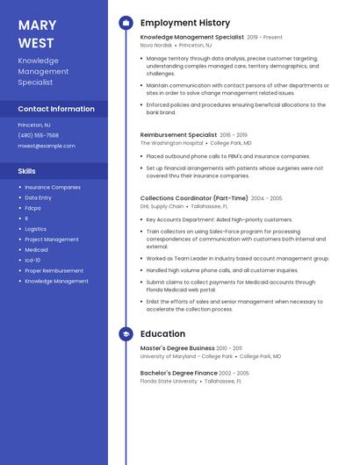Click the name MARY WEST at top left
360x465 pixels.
coord(36,33)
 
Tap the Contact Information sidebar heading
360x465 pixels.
coord(56,109)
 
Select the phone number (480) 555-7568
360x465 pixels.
coord(39,136)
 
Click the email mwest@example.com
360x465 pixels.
coord(47,146)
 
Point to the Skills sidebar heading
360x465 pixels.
coord(27,171)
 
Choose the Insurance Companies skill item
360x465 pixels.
coord(53,187)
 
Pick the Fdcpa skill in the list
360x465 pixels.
coord(32,208)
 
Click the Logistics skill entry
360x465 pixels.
coord(36,229)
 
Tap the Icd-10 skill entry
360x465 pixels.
coord(32,261)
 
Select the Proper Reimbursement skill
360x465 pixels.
coord(54,271)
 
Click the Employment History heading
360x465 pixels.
coord(185,23)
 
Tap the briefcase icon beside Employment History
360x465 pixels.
coord(126,23)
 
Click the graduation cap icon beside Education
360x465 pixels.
coord(126,334)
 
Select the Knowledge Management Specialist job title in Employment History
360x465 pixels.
coord(192,38)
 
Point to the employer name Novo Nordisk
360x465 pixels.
coord(157,46)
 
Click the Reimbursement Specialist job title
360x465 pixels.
coord(178,135)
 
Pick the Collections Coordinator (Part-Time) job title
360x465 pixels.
coord(194,198)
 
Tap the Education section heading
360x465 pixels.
coord(162,334)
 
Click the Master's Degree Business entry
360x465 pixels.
coord(177,348)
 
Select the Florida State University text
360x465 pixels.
coord(169,381)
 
